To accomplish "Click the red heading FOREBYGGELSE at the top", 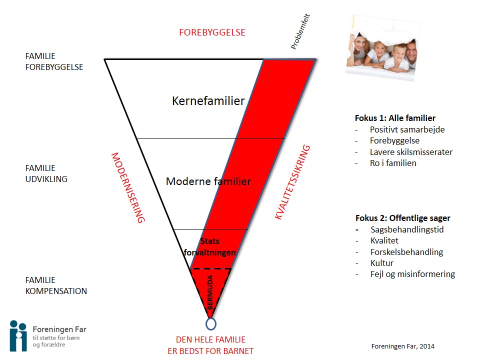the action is click(x=212, y=32).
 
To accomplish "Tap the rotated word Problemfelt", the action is click(x=300, y=31).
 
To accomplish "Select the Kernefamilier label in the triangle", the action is click(x=208, y=100).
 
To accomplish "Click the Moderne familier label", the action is click(x=208, y=181).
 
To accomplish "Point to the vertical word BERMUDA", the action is click(x=210, y=292).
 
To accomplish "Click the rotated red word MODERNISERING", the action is click(x=128, y=187).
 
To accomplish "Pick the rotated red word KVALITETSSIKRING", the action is click(x=292, y=182).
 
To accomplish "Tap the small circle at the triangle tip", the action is click(x=211, y=324).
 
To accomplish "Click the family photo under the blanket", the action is click(x=383, y=48).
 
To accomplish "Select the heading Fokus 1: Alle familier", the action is click(x=395, y=118).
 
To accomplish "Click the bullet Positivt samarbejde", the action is click(x=407, y=129).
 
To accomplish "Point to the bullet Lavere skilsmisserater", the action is click(x=411, y=152).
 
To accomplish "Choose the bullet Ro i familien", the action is click(x=393, y=163).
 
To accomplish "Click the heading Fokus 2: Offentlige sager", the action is click(x=403, y=218).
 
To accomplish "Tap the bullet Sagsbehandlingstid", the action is click(x=407, y=229).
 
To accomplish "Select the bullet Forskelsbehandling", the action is click(x=407, y=252).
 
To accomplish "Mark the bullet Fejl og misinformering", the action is click(x=412, y=274).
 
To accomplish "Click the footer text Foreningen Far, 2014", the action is click(x=403, y=346).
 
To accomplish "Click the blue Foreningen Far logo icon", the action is click(x=18, y=336).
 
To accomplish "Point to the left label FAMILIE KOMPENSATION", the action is click(x=56, y=285).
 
